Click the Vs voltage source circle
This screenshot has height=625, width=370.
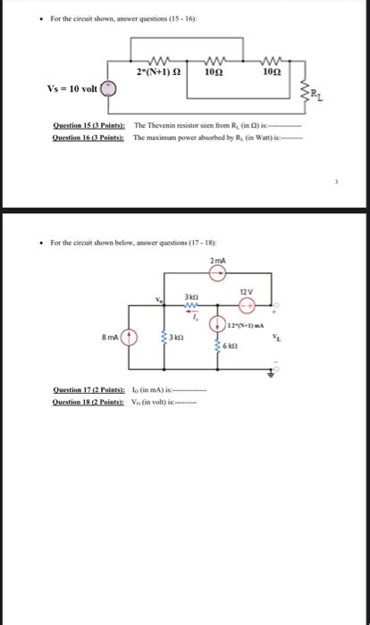click(x=108, y=89)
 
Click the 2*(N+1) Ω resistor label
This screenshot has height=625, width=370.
click(x=160, y=72)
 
